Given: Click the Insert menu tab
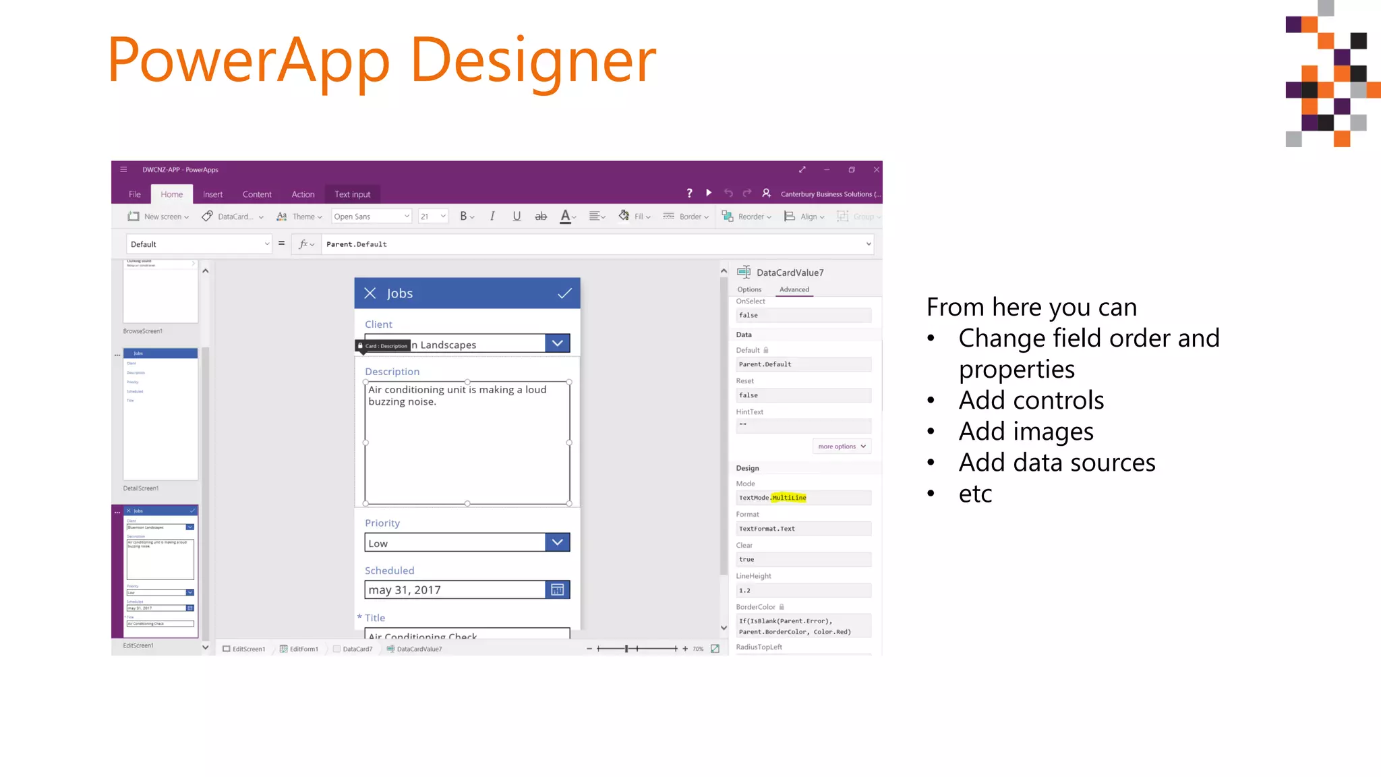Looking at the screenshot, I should [x=212, y=194].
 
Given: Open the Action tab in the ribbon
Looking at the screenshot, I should [x=303, y=194].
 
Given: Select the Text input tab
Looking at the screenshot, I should [x=352, y=194].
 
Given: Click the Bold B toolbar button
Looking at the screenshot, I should [x=463, y=217].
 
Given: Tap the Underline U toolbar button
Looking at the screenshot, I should [x=517, y=217].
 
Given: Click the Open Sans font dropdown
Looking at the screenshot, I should [x=371, y=217].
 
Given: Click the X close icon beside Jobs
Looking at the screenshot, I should [x=370, y=293].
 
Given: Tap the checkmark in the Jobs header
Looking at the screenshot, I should [x=564, y=293].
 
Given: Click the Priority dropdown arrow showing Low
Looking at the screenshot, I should [x=557, y=542].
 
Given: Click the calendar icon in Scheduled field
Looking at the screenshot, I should [x=557, y=590].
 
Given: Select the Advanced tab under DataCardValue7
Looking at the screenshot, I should [x=794, y=289].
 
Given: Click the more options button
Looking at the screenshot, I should [x=841, y=447].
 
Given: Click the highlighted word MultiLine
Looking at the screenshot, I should [x=789, y=498].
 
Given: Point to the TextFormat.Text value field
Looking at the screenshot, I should [x=803, y=529].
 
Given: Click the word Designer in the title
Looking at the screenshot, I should [x=533, y=61].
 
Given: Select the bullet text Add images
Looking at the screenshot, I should [x=1026, y=432].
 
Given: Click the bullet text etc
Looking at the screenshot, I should [x=975, y=494].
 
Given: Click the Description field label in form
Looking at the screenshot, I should [x=392, y=372].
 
